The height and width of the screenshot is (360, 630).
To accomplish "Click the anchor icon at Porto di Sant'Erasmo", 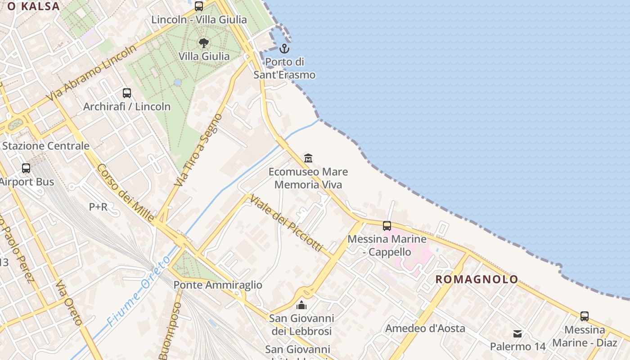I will [x=284, y=48].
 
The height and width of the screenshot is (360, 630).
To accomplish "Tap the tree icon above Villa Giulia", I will [x=204, y=43].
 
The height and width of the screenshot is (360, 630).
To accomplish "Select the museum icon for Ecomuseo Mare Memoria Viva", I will [x=308, y=158].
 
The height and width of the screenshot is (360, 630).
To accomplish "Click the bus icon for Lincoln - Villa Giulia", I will [x=199, y=6].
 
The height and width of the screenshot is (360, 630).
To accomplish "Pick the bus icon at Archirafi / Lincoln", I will [x=127, y=93].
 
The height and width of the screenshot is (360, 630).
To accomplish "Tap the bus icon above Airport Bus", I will [x=26, y=168].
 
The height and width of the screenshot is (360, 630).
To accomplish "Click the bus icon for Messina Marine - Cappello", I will [x=387, y=226].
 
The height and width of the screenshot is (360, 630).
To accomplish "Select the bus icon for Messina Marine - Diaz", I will [x=585, y=316].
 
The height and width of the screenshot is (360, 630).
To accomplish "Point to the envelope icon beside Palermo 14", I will [x=517, y=334].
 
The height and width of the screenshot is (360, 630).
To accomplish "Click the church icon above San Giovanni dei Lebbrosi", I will [x=301, y=306].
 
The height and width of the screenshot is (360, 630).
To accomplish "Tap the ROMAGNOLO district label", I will [x=477, y=279].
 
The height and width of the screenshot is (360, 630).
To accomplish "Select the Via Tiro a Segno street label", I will [x=198, y=150].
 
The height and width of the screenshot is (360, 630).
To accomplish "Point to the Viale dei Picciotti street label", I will [x=287, y=223].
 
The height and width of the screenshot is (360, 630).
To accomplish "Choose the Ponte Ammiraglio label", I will [x=218, y=285].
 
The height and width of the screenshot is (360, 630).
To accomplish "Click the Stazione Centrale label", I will [x=46, y=146].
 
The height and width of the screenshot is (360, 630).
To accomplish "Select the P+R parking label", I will [x=98, y=207].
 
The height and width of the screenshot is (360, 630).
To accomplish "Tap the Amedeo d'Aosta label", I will [x=425, y=328].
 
